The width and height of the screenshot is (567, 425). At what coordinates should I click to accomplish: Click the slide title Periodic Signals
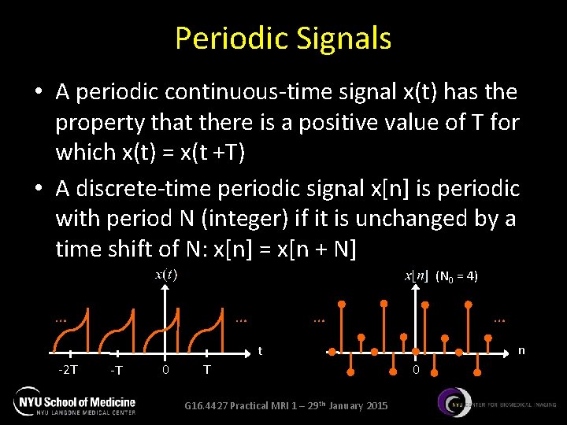click(x=283, y=38)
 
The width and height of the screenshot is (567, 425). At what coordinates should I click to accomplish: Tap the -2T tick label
click(x=69, y=370)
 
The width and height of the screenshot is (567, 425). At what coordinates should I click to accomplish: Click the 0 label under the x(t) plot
click(x=165, y=370)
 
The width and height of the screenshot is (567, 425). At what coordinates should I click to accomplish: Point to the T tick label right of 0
click(x=206, y=370)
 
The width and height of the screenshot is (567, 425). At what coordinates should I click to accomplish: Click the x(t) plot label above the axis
click(x=165, y=275)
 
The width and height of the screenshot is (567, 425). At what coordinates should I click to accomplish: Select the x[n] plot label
click(x=416, y=276)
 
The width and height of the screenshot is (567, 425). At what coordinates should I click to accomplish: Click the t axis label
click(x=261, y=351)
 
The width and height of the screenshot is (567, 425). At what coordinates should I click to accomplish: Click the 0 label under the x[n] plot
click(x=417, y=370)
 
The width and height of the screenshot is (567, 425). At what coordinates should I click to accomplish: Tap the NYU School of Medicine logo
click(x=75, y=403)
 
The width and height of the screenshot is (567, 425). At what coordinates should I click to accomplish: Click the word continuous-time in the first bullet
click(x=209, y=93)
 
